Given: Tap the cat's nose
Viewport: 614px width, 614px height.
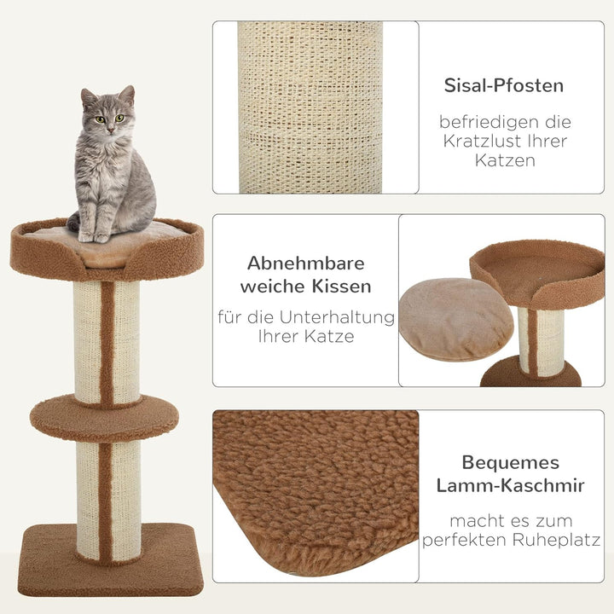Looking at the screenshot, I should (109, 125).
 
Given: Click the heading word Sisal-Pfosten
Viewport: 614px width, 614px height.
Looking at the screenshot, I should (503, 85).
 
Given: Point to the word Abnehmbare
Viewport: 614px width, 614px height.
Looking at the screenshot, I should (305, 263).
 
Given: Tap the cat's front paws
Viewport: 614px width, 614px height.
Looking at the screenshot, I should (94, 235).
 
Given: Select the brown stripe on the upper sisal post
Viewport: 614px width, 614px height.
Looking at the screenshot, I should (107, 341).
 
